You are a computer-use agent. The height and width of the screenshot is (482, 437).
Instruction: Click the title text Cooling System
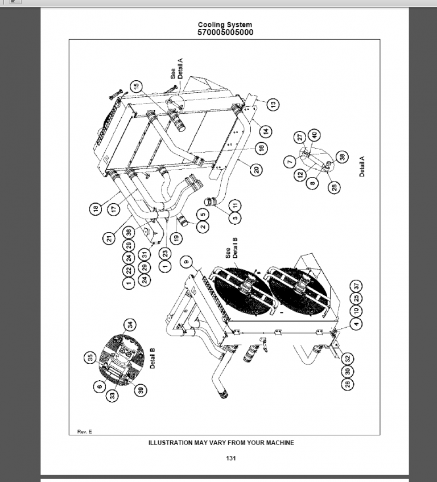click(x=225, y=25)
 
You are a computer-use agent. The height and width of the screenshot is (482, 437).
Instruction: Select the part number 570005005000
click(x=225, y=32)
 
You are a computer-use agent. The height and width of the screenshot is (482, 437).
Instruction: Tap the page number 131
click(x=230, y=458)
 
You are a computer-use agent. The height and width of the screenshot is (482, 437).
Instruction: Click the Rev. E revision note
click(x=85, y=432)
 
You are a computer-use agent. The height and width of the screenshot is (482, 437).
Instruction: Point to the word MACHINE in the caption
click(x=279, y=443)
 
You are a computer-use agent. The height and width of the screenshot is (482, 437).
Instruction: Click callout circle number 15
click(x=136, y=86)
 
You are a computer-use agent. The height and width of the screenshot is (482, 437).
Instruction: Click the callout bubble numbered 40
click(x=314, y=135)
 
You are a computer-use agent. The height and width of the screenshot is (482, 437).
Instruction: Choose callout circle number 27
click(x=299, y=137)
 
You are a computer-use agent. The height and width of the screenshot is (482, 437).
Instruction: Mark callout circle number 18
click(x=94, y=209)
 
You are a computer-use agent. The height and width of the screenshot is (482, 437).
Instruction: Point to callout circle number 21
click(x=110, y=239)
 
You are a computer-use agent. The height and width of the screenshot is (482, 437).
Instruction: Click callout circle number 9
click(x=185, y=262)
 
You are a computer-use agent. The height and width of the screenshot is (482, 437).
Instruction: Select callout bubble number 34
click(x=130, y=325)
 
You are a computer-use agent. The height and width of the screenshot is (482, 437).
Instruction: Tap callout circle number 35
click(x=89, y=358)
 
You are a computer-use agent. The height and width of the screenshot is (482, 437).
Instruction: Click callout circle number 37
click(x=357, y=285)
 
